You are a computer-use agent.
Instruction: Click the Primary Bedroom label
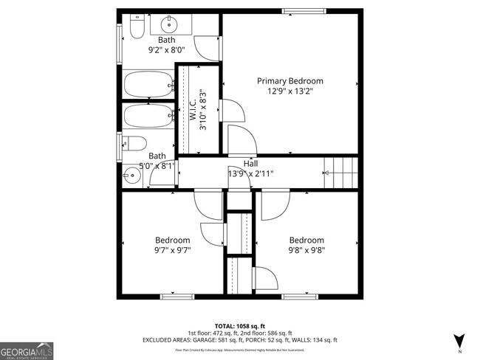289,80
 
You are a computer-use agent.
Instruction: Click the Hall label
250,164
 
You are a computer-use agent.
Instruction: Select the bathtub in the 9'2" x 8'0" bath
148,85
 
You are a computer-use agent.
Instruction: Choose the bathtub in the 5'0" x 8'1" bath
148,117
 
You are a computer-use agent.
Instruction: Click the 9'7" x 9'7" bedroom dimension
172,251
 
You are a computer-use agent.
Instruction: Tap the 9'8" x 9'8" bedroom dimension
306,251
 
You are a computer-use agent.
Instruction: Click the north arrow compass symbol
459,341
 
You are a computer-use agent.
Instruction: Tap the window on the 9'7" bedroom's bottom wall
177,297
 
